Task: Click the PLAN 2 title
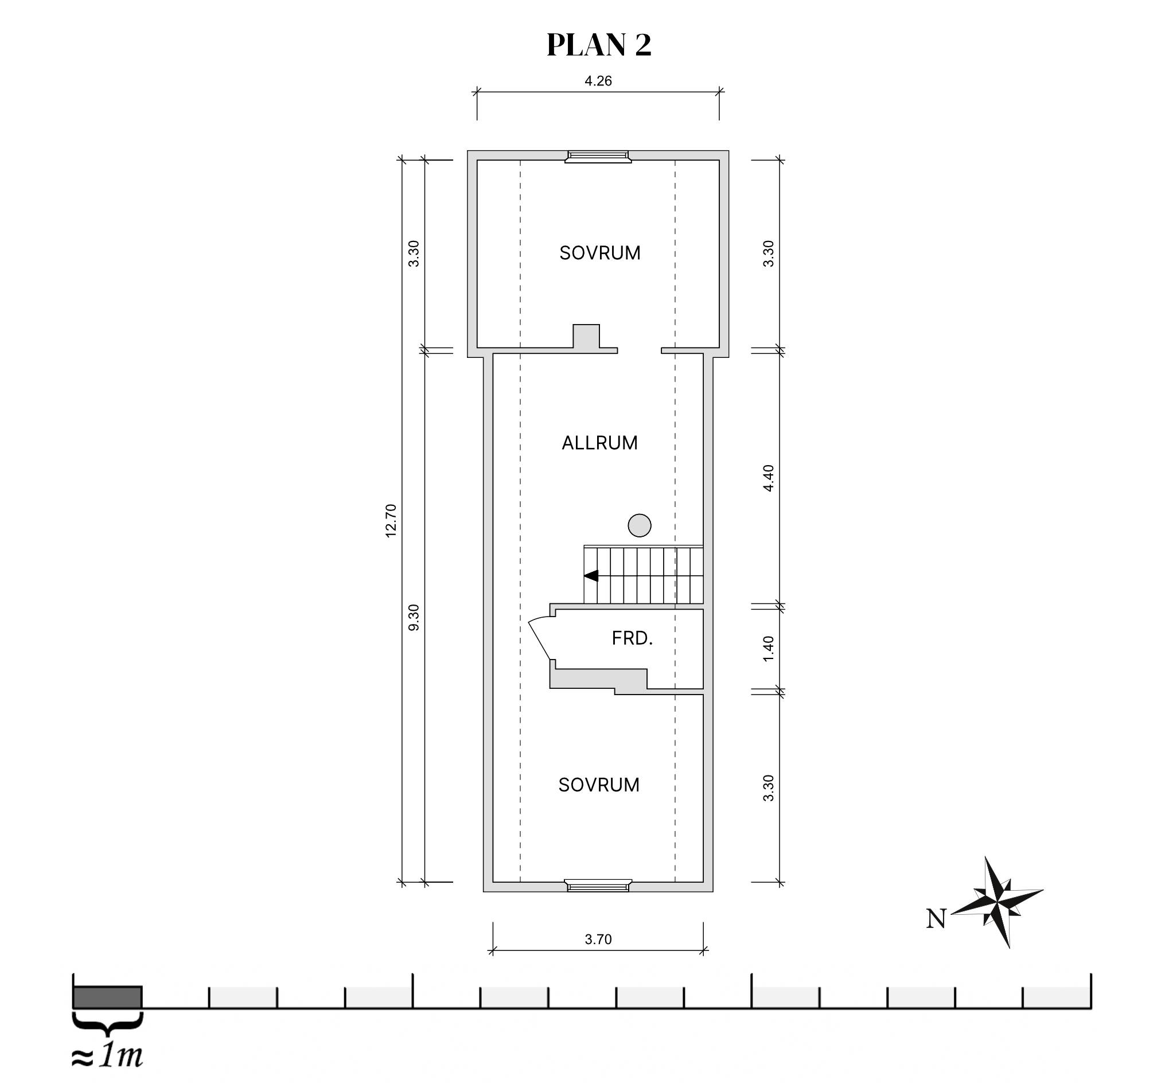(x=598, y=45)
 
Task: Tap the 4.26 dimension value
(x=598, y=81)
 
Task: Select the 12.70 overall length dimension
(x=391, y=521)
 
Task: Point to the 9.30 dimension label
(x=414, y=618)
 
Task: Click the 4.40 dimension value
(x=768, y=478)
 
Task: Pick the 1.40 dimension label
(x=768, y=649)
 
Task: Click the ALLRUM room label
(x=599, y=443)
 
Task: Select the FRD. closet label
(x=632, y=638)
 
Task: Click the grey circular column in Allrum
(x=640, y=525)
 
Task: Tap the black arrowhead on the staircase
(x=591, y=576)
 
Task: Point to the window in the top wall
(x=598, y=157)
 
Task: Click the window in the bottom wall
(x=598, y=886)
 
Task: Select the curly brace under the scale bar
(x=107, y=1024)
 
